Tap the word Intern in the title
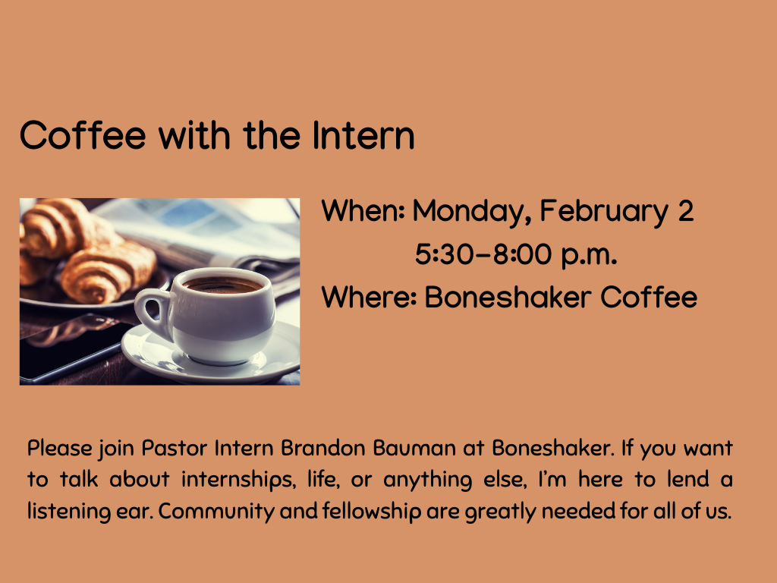point(363,136)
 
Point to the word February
point(596,211)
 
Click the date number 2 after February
point(684,211)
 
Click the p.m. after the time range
point(588,256)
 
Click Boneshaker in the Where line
point(508,297)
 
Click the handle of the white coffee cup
point(152,312)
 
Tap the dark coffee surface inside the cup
point(223,285)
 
